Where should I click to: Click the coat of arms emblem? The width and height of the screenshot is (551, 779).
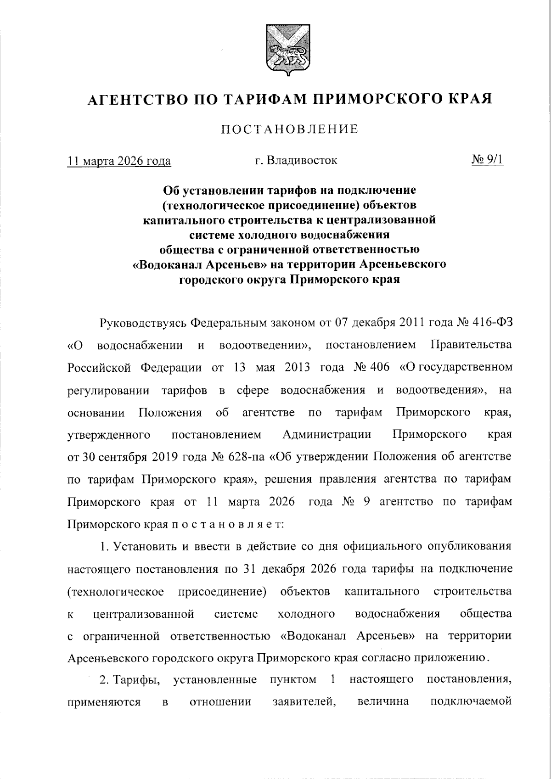coord(285,50)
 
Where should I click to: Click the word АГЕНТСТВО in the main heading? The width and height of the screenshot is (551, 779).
coord(135,99)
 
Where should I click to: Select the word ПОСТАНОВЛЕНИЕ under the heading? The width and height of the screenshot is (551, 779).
coord(290,129)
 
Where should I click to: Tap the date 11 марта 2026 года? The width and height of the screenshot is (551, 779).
coord(119,161)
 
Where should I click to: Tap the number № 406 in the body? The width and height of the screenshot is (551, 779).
coord(372,368)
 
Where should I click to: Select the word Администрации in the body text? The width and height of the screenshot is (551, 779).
coord(327,435)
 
